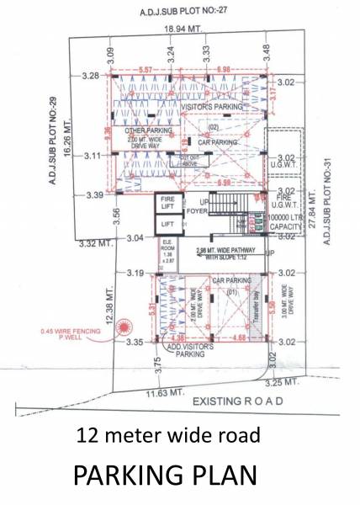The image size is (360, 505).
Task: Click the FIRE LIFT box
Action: [x=167, y=205]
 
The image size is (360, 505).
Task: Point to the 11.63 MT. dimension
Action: [x=165, y=392]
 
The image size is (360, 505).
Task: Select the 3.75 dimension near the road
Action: [x=157, y=364]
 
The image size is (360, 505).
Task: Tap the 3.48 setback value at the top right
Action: [x=266, y=50]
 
